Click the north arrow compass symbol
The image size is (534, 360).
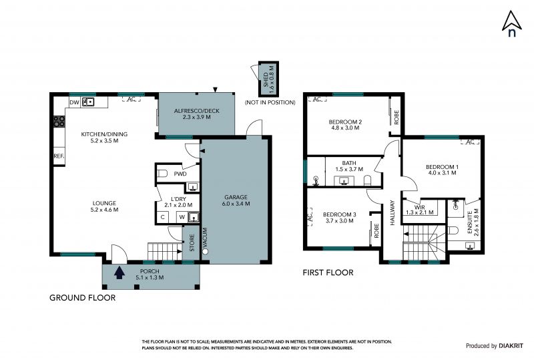(511, 23)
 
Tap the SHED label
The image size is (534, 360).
(266, 79)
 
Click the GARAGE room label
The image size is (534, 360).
(236, 197)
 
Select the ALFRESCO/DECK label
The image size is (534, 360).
(197, 111)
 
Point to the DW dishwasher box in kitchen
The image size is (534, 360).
(74, 102)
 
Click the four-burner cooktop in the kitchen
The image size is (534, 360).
(59, 122)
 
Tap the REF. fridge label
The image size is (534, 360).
(59, 156)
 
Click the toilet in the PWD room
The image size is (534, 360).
(162, 174)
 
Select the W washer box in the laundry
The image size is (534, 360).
(182, 217)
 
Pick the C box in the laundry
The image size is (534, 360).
(163, 217)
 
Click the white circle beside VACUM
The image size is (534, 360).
(205, 252)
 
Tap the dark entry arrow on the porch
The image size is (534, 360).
(119, 273)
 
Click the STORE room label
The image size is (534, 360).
(192, 242)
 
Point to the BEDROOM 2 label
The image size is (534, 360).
(345, 122)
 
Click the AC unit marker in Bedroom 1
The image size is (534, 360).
(471, 142)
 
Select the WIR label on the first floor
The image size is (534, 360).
(420, 207)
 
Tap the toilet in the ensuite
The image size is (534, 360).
(453, 231)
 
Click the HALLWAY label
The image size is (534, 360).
(392, 212)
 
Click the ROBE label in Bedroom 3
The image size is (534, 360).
(376, 231)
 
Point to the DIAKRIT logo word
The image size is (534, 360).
(511, 346)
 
